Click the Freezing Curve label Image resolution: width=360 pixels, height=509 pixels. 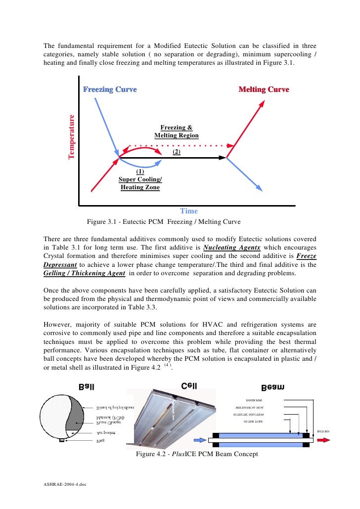coord(110,90)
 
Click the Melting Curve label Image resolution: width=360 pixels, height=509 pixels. coord(264,90)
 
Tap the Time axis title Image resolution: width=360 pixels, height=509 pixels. coord(188,211)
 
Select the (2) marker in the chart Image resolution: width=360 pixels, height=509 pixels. coord(177,152)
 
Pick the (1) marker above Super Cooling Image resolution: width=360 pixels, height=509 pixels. coord(140,171)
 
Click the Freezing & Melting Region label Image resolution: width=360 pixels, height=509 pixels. coord(177,131)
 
